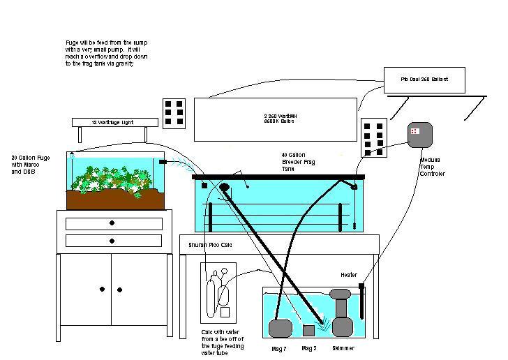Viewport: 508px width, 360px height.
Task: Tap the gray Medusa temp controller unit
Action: [x=420, y=134]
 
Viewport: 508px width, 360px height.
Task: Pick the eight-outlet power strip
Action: [x=373, y=137]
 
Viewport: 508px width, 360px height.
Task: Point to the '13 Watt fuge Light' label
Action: [x=112, y=122]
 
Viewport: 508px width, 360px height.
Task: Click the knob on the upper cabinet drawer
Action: [x=112, y=223]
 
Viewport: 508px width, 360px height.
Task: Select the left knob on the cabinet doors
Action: [x=103, y=288]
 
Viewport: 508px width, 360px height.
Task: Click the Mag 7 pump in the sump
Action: [x=280, y=327]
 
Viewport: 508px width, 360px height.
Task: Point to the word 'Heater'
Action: [x=349, y=274]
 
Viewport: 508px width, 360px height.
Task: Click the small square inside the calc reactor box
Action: [x=224, y=310]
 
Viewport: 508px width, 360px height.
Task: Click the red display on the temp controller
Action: [x=414, y=130]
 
